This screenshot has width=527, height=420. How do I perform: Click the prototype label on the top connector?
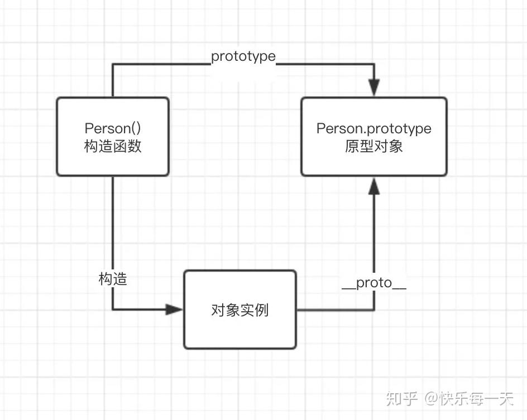[243, 56]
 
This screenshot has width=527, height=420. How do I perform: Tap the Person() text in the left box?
[112, 129]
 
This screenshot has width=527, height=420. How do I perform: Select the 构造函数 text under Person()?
[112, 146]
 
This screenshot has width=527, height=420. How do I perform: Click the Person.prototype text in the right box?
[373, 129]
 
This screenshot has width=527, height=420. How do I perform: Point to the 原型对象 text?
[373, 147]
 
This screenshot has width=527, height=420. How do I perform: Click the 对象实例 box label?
[239, 310]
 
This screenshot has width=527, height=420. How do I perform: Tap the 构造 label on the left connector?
[113, 279]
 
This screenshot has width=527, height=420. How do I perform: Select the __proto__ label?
[373, 283]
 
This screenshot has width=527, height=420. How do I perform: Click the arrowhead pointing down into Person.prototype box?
[374, 88]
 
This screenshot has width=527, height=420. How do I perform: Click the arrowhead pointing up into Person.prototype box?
[374, 186]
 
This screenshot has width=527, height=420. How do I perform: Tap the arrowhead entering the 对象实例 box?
[175, 310]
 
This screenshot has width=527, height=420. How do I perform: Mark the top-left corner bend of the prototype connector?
[113, 64]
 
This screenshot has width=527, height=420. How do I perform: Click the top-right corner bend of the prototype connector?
[374, 64]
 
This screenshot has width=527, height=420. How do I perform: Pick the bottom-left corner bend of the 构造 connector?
[113, 310]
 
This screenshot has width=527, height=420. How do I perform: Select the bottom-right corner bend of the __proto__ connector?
[374, 310]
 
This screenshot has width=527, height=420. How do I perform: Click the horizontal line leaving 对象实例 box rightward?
[335, 310]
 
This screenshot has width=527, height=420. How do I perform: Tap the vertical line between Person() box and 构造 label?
[113, 223]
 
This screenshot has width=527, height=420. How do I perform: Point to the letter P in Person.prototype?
[320, 129]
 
